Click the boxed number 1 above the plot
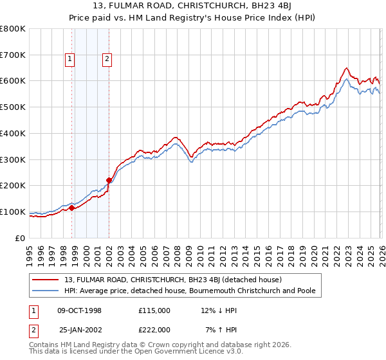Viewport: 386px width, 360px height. coord(70,60)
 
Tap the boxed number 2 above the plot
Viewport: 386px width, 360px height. coord(107,60)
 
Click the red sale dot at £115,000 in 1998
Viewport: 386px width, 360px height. coord(72,208)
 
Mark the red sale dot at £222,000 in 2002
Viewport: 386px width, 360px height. coord(109,180)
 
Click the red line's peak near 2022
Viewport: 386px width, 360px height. coord(346,68)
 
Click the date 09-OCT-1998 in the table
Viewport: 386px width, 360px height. coord(80,310)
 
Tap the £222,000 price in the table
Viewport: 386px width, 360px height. coord(154,329)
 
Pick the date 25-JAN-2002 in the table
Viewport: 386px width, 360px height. coord(80,329)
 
